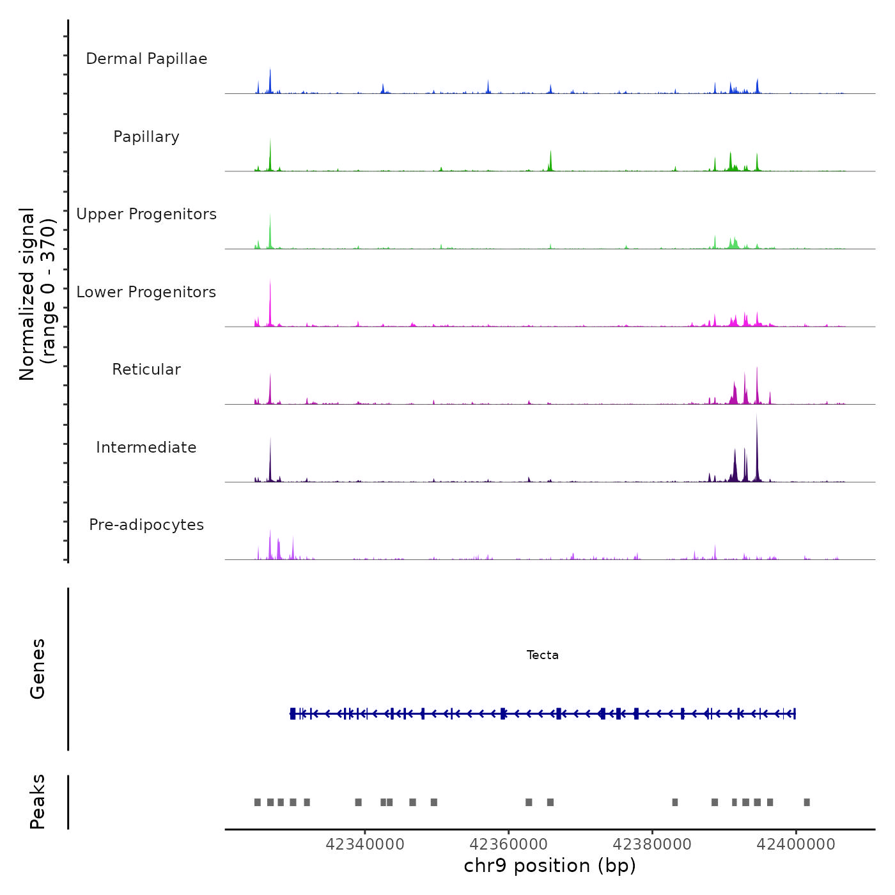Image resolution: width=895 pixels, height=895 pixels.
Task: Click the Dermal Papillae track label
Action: point(146,59)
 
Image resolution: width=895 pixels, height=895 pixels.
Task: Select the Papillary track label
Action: point(146,137)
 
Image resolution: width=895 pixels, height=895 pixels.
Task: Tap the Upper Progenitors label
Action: point(146,214)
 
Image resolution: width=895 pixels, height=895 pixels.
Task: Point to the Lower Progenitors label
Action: point(146,292)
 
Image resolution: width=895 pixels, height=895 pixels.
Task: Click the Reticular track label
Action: point(146,370)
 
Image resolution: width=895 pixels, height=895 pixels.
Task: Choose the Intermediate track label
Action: point(146,447)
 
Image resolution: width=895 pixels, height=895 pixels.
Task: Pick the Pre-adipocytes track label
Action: point(146,525)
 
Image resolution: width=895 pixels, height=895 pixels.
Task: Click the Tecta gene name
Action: point(542,655)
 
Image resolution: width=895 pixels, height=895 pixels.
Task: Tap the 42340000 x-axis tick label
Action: point(365,844)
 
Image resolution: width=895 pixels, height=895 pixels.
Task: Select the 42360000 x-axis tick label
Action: point(509,844)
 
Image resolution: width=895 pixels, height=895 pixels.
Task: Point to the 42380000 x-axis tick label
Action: point(652,844)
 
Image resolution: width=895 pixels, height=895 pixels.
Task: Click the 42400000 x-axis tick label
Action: point(796,844)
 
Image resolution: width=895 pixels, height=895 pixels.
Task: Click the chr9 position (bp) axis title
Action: point(550,866)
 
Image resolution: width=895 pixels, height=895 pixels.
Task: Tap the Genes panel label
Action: point(38,669)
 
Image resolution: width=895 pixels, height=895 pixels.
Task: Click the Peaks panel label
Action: point(38,802)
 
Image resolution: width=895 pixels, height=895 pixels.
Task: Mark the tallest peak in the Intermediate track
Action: point(757,417)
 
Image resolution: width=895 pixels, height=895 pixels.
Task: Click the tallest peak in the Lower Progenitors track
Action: point(270,281)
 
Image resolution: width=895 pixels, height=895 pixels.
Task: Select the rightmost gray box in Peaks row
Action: point(807,802)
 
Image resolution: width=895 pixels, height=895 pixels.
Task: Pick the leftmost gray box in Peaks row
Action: point(258,802)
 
